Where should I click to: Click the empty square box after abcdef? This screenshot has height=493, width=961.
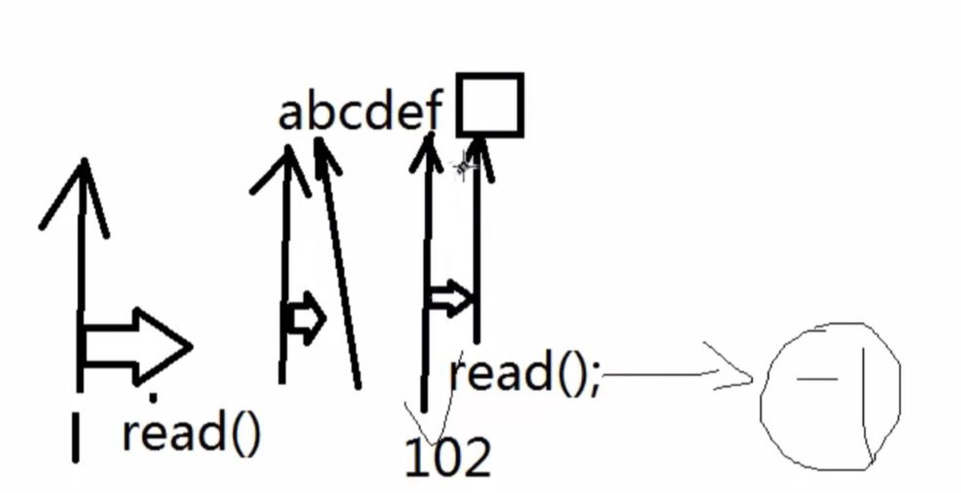pyautogui.click(x=490, y=105)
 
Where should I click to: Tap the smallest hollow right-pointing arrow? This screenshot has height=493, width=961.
pyautogui.click(x=306, y=318)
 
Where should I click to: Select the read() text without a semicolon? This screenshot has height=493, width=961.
pyautogui.click(x=191, y=433)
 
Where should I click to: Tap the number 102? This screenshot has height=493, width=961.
pyautogui.click(x=448, y=457)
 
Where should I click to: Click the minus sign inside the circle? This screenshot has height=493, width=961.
pyautogui.click(x=816, y=379)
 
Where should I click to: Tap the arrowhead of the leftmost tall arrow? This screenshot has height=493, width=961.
pyautogui.click(x=84, y=167)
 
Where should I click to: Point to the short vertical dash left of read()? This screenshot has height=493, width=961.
pyautogui.click(x=76, y=437)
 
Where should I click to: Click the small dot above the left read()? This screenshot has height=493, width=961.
pyautogui.click(x=153, y=398)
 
